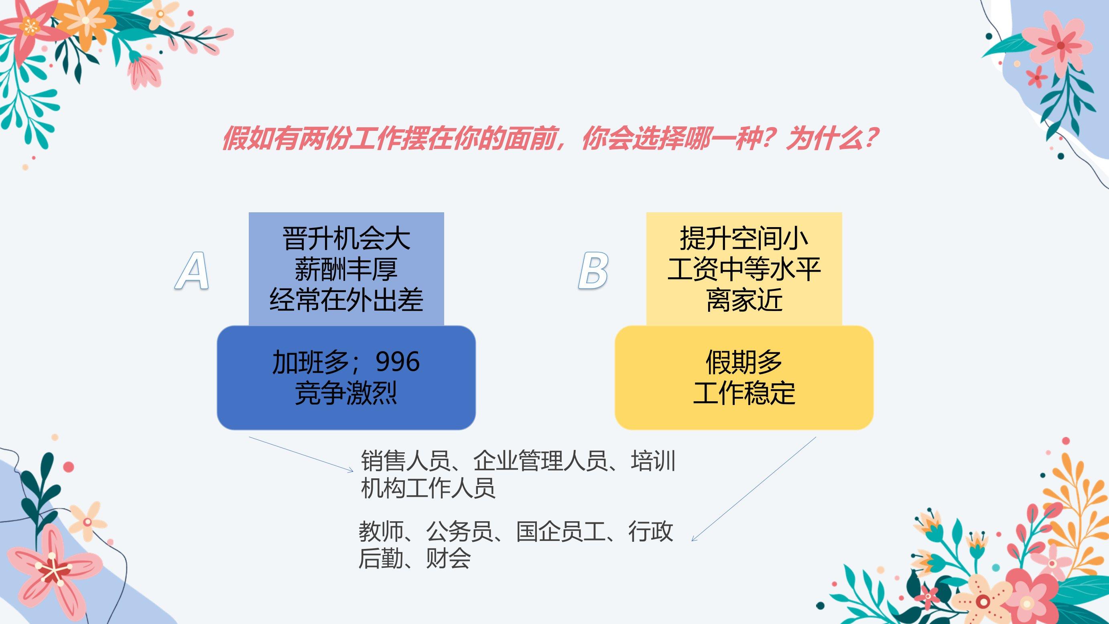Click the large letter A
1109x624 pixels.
click(193, 270)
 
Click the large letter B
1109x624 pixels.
click(593, 270)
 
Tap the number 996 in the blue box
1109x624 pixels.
click(397, 362)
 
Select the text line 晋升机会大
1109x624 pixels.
click(347, 239)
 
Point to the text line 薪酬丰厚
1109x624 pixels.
click(347, 269)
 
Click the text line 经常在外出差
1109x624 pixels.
click(347, 300)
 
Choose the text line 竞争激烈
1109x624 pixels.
click(347, 393)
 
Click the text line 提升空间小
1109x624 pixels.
click(744, 239)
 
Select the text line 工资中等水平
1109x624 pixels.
click(744, 269)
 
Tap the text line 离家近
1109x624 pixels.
click(744, 300)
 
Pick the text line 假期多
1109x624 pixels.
click(744, 362)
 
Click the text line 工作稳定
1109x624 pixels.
click(744, 393)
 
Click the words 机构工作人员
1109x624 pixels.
click(428, 488)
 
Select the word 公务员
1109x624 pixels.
click(459, 531)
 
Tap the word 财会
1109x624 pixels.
click(448, 559)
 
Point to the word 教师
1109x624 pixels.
click(381, 531)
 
